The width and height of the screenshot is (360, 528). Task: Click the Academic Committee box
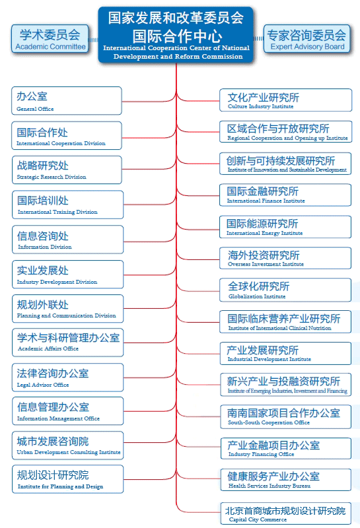(50, 39)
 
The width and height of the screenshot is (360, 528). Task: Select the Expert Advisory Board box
(306, 39)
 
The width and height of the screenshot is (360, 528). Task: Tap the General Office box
(67, 101)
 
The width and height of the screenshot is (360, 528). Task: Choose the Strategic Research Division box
(67, 170)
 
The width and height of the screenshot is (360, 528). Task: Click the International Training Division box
(68, 205)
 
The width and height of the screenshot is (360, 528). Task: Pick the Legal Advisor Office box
(68, 377)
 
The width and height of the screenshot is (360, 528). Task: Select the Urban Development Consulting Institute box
(68, 445)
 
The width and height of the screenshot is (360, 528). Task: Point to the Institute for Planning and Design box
(68, 479)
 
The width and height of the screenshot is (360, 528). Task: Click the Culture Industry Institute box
(285, 100)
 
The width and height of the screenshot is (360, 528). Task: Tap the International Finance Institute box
(285, 195)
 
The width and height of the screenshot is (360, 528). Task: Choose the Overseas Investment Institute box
(285, 258)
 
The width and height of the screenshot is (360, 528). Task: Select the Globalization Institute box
(285, 290)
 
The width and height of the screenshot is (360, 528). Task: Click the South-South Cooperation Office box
(285, 417)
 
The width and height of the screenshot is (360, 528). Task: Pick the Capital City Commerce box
(285, 513)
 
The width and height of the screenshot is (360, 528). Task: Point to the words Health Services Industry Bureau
(270, 486)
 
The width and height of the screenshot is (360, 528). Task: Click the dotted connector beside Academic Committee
(94, 40)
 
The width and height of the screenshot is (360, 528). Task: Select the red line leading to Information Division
(150, 240)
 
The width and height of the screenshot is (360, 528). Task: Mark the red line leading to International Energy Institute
(198, 226)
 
